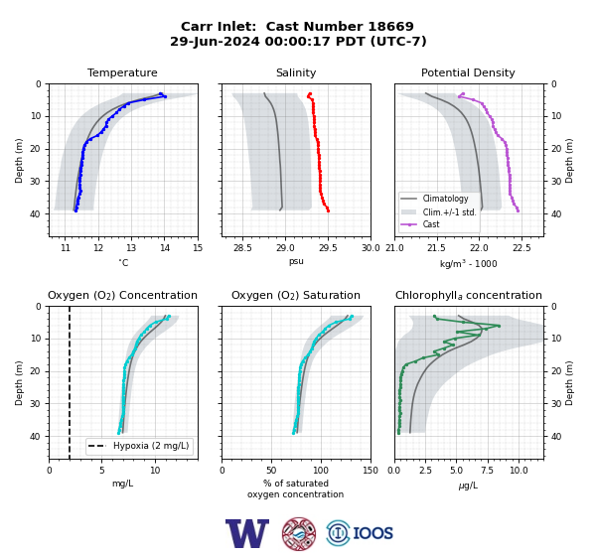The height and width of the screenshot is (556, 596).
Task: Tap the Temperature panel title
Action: pos(122,72)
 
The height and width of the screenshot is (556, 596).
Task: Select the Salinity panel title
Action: pos(296,72)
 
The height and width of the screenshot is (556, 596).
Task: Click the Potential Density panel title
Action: pos(468,72)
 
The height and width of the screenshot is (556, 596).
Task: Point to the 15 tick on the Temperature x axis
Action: pos(198,248)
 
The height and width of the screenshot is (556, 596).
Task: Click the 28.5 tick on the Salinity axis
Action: pos(242,248)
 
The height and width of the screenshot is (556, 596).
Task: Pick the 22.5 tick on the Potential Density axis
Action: pos(521,248)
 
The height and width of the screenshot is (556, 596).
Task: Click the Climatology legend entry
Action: pos(445,199)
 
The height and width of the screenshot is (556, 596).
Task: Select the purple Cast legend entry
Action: pos(431,224)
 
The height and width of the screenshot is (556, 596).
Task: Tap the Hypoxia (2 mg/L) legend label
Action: pos(151,446)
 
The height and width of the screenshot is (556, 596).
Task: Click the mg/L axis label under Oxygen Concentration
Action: pos(123,484)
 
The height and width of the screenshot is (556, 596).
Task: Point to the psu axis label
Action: pos(296,262)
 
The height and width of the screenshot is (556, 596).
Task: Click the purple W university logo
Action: pos(247,533)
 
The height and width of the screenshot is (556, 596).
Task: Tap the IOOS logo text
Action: pos(372,533)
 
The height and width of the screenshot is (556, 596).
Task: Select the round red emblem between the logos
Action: pos(299,533)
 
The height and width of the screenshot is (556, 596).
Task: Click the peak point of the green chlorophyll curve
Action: pos(499,326)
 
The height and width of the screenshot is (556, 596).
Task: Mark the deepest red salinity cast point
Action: pos(328,210)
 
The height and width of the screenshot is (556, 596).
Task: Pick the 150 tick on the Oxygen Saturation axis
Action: pos(371,471)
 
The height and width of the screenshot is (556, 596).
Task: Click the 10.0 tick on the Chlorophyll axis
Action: pos(519,471)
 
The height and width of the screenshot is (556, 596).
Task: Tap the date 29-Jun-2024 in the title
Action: pos(215,41)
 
